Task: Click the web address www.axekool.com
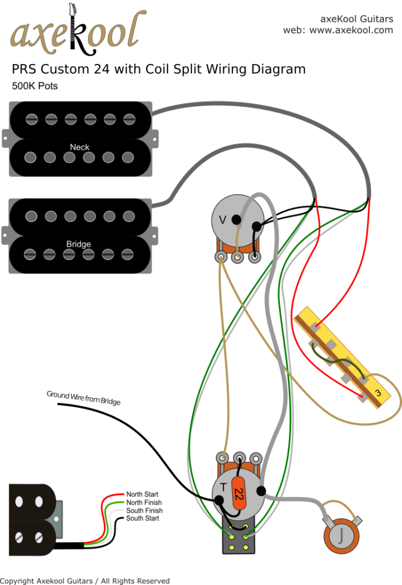351,30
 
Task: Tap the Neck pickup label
80,147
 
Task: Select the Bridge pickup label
78,244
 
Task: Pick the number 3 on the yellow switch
377,393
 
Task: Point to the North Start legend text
142,494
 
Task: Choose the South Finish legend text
144,510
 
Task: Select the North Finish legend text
144,502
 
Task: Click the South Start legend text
142,518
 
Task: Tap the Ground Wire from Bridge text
83,398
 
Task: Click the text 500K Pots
35,87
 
